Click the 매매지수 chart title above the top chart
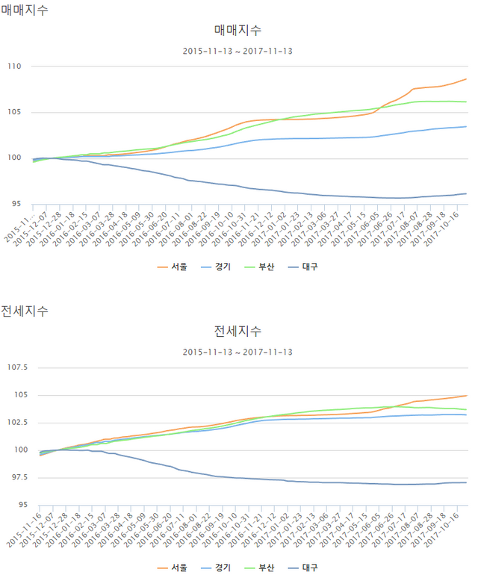click(x=238, y=31)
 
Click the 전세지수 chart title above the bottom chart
click(x=238, y=331)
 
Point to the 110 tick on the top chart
click(x=35, y=66)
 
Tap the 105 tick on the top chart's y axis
click(x=35, y=113)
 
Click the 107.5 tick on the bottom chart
click(x=32, y=367)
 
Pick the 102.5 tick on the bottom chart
click(x=32, y=423)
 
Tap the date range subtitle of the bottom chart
click(x=238, y=352)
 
